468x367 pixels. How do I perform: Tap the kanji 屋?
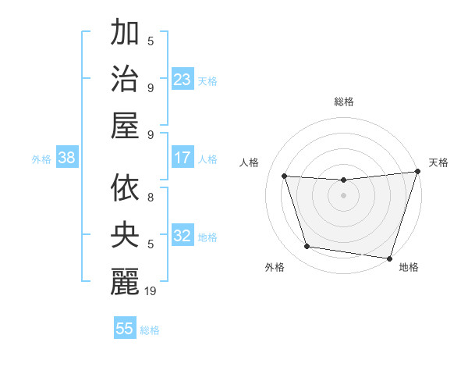[125, 126]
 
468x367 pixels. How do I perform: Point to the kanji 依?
[125, 188]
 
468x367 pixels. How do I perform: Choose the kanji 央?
[125, 236]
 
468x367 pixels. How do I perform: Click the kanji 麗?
[125, 282]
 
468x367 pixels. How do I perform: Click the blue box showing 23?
[183, 80]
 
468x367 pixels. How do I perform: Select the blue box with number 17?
[183, 158]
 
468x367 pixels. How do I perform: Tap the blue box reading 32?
[183, 237]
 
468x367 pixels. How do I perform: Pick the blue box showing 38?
[67, 159]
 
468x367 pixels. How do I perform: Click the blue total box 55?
[125, 329]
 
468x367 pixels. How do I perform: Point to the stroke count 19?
[151, 291]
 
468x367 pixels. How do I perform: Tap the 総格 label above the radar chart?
[343, 102]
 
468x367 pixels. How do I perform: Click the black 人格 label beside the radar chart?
[250, 162]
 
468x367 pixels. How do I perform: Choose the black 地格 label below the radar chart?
[409, 267]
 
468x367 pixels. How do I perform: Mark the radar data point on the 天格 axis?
[417, 172]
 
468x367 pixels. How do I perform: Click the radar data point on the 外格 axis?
[307, 247]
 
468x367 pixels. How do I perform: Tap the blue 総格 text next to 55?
[150, 330]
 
